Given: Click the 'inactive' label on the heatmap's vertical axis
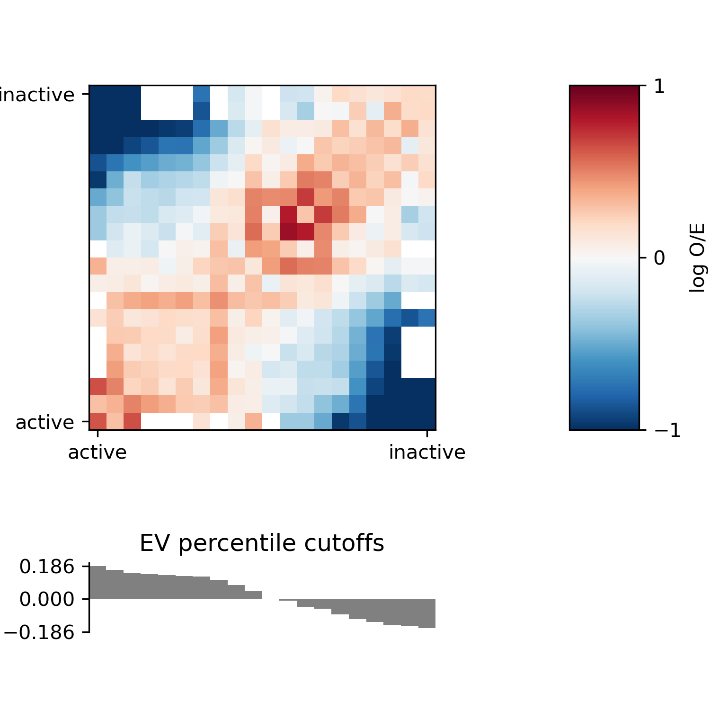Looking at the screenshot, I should (37, 95).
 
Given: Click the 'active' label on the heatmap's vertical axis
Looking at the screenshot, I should (45, 422).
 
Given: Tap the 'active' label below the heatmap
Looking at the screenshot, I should (98, 453).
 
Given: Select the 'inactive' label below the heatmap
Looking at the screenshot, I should (427, 453).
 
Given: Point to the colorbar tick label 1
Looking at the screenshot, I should (659, 87).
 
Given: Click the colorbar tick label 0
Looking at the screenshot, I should (659, 258).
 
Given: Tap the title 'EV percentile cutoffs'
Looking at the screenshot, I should (262, 543).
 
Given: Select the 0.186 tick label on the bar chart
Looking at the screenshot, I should (47, 567).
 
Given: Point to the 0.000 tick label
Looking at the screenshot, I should (47, 599).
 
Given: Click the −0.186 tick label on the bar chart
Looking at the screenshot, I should (40, 632).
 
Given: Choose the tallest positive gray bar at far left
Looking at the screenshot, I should (98, 583).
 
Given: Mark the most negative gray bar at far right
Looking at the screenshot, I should (427, 613).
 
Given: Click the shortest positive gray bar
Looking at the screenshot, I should (253, 595).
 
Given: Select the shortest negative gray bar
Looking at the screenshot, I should (288, 600).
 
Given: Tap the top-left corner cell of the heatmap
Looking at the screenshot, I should (98, 94).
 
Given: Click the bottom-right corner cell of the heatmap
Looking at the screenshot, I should (427, 421).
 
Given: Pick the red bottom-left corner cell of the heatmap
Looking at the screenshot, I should (98, 421).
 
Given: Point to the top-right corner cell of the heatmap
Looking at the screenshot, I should (427, 94).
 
